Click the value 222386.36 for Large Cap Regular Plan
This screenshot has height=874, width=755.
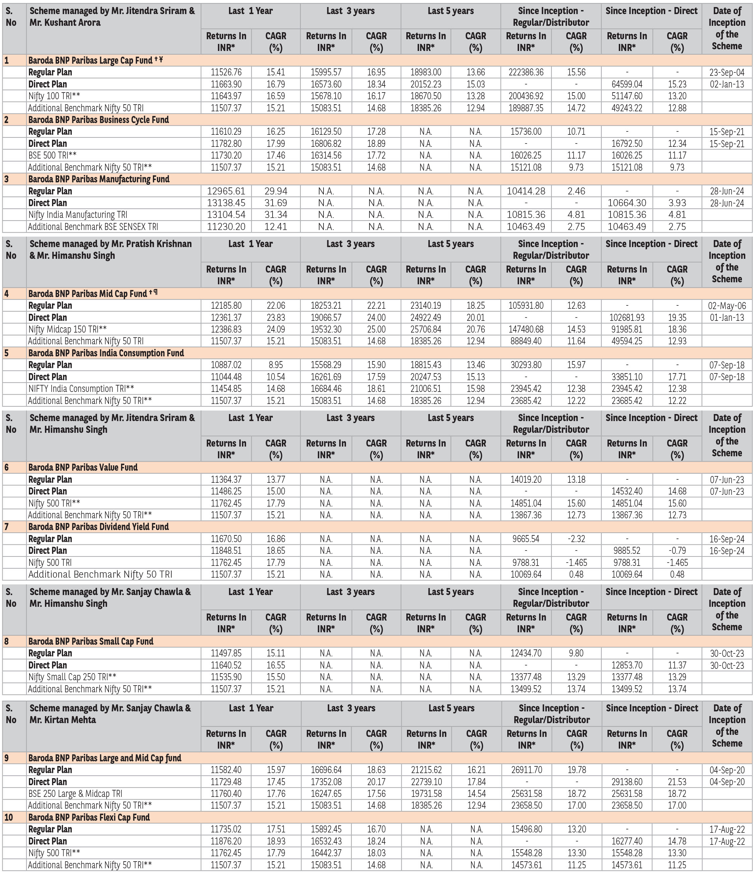526,72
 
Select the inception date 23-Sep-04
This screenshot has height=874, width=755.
727,72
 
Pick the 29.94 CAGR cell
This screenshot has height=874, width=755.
276,191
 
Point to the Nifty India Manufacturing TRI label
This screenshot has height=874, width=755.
77,215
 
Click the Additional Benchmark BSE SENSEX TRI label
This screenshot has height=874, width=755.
93,227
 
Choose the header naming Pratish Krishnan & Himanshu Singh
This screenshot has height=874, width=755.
111,250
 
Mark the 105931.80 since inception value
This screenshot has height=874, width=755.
526,306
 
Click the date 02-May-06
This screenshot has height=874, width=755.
727,306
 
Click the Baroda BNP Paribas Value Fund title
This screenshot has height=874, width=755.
83,467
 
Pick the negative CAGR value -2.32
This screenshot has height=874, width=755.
576,539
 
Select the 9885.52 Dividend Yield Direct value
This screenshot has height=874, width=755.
627,551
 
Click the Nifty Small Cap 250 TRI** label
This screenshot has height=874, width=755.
72,677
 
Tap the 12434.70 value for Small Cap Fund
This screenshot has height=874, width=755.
526,653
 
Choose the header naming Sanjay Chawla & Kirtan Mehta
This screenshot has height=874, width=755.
110,714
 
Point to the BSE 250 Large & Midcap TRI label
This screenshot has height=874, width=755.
75,794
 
